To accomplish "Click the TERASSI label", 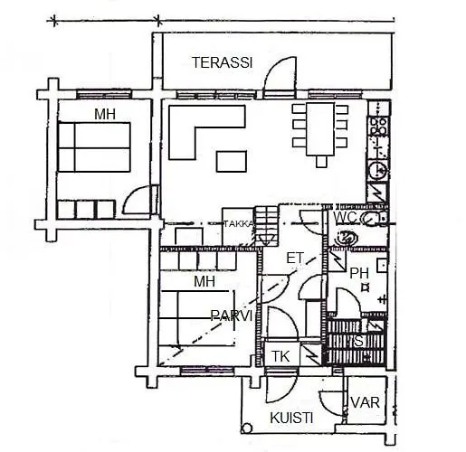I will coord(222,62).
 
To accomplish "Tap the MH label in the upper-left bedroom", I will coord(106,113).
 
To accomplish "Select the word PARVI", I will coord(231,315).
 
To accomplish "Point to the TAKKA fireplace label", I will coord(238,224).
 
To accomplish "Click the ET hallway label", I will coord(294,259).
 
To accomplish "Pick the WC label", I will coord(345,218).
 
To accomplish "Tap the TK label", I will coord(281,356).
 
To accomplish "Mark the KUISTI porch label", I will coord(291,418).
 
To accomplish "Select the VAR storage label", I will coord(365,403).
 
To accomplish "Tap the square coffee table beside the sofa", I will coord(231,161).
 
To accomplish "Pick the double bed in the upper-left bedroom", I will coord(96,146).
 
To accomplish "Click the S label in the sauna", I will coord(358,341).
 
